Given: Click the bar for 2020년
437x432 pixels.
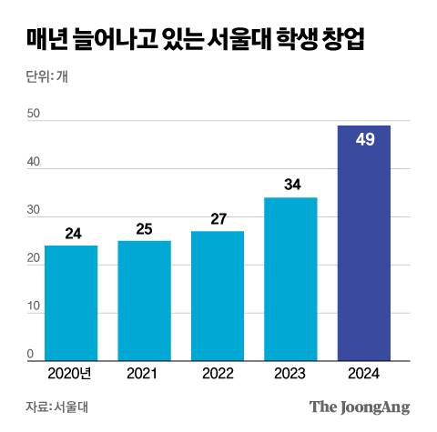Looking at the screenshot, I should [x=71, y=303].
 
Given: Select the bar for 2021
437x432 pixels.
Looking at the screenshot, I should [x=144, y=300].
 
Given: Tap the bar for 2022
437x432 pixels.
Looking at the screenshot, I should [x=218, y=296].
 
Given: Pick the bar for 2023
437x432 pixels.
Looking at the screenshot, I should [x=290, y=278].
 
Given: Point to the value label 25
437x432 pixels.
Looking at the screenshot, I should [x=144, y=229].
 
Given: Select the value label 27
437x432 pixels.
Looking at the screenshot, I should [x=218, y=219].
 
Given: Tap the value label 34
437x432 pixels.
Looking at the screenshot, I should [x=292, y=185].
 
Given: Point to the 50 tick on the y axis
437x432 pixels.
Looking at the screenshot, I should [x=34, y=114].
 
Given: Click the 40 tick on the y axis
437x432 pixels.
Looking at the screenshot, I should [x=34, y=162].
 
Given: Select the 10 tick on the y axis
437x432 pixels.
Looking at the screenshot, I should [x=34, y=306].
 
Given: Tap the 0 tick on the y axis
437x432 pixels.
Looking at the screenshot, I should [x=30, y=355].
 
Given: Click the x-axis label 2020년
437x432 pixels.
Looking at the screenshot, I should [x=71, y=373].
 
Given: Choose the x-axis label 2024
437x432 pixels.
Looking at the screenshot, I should [x=363, y=373].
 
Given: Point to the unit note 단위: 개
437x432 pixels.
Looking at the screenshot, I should [x=46, y=76].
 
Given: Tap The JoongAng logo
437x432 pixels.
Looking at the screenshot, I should [x=360, y=407].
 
